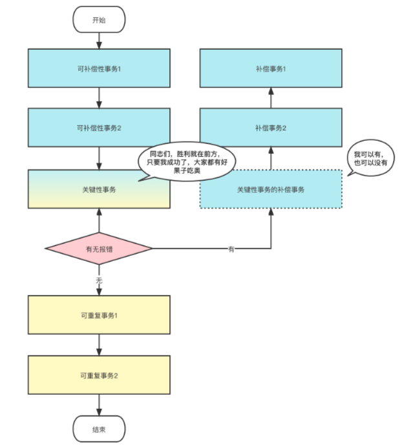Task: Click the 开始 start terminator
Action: pyautogui.click(x=99, y=20)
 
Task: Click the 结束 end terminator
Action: pyautogui.click(x=99, y=428)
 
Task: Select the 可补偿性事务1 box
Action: pyautogui.click(x=99, y=68)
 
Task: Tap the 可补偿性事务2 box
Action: pyautogui.click(x=99, y=127)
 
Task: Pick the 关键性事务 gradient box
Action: pyautogui.click(x=99, y=189)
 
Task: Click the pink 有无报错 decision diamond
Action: pyautogui.click(x=99, y=249)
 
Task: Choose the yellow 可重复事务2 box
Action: pyautogui.click(x=99, y=375)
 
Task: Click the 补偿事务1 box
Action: pyautogui.click(x=271, y=68)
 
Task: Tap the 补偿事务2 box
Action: pyautogui.click(x=271, y=127)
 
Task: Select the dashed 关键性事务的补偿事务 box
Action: pyautogui.click(x=271, y=189)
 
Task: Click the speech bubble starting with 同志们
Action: pyautogui.click(x=187, y=162)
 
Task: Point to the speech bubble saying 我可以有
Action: pyautogui.click(x=370, y=159)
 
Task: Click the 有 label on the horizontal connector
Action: pyautogui.click(x=231, y=249)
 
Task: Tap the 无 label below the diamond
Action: pyautogui.click(x=99, y=281)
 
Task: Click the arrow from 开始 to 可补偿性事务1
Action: pyautogui.click(x=99, y=40)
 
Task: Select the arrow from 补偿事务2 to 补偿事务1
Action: pyautogui.click(x=271, y=98)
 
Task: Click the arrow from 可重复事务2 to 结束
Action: pyautogui.click(x=99, y=405)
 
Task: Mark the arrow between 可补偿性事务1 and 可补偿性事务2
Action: pyautogui.click(x=99, y=98)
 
